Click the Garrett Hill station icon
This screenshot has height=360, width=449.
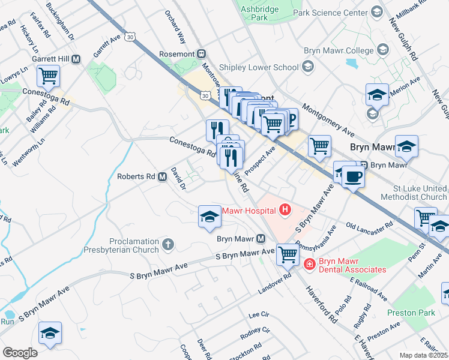pos(76,59)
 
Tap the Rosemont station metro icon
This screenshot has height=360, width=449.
pos(202,54)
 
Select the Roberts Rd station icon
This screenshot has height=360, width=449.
pos(162,177)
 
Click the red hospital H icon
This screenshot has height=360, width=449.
pos(285,210)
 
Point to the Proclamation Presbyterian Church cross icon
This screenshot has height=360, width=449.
pos(168,245)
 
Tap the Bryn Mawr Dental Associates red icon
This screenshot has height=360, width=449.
pos(309,264)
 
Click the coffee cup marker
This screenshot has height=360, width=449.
pos(354,177)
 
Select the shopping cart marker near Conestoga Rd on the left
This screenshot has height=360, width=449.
pos(48,77)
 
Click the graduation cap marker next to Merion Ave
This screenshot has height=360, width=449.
pos(376,95)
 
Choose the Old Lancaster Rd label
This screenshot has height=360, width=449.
pos(369,225)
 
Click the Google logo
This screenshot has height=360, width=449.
pos(20,352)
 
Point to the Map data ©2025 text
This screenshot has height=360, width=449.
pos(423,355)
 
